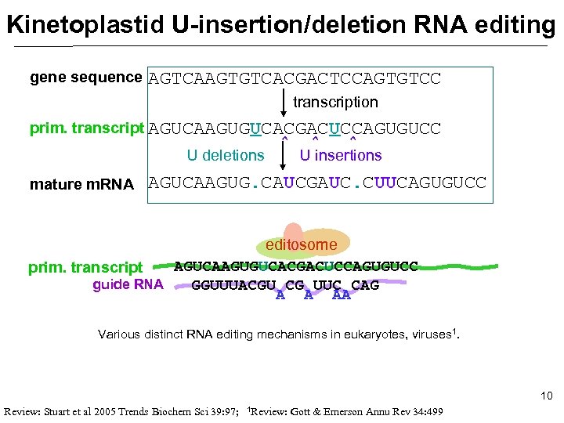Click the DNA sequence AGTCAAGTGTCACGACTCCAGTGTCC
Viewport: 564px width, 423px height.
point(295,79)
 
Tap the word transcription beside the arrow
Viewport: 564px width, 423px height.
point(335,103)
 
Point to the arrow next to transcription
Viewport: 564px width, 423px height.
point(284,103)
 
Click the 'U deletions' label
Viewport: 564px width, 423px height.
point(226,155)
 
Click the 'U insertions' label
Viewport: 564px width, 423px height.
point(341,155)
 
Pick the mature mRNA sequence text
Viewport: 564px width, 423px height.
point(317,183)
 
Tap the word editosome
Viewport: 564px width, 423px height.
point(302,244)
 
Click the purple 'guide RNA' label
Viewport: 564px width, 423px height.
point(128,284)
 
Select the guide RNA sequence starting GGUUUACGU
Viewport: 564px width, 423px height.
point(285,286)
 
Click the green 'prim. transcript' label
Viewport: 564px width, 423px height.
point(85,268)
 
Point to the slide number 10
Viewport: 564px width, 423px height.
point(546,396)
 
